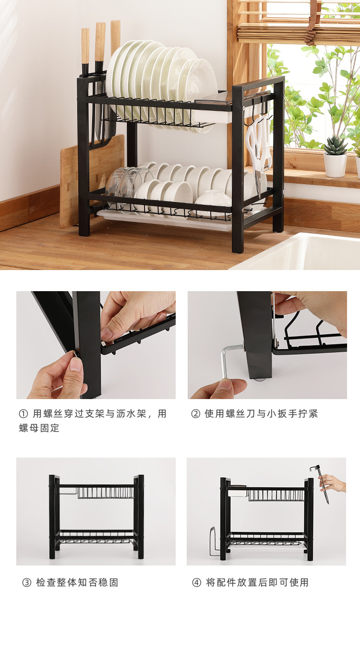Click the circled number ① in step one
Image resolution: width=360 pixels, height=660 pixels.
coord(24,414)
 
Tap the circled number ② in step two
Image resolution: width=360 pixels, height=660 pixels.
coord(195,414)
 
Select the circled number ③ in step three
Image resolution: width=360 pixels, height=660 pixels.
coord(27,583)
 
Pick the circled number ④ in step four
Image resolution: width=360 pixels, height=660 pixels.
coord(197,583)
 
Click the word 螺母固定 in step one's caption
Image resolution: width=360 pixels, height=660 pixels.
coord(39,428)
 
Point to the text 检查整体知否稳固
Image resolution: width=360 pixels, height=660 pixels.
coord(77,583)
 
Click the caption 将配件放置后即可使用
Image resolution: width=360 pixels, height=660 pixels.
coord(257,583)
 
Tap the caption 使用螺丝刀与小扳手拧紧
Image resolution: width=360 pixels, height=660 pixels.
coord(261,414)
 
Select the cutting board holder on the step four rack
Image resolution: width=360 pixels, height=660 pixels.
coord(215,542)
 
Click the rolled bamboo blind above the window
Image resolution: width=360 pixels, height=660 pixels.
coord(298,29)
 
